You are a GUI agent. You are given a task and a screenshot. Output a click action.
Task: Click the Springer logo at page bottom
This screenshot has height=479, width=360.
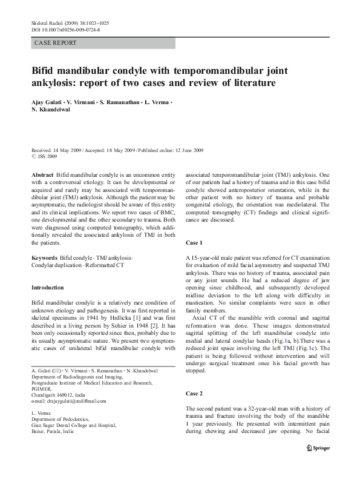tap(319, 448)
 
